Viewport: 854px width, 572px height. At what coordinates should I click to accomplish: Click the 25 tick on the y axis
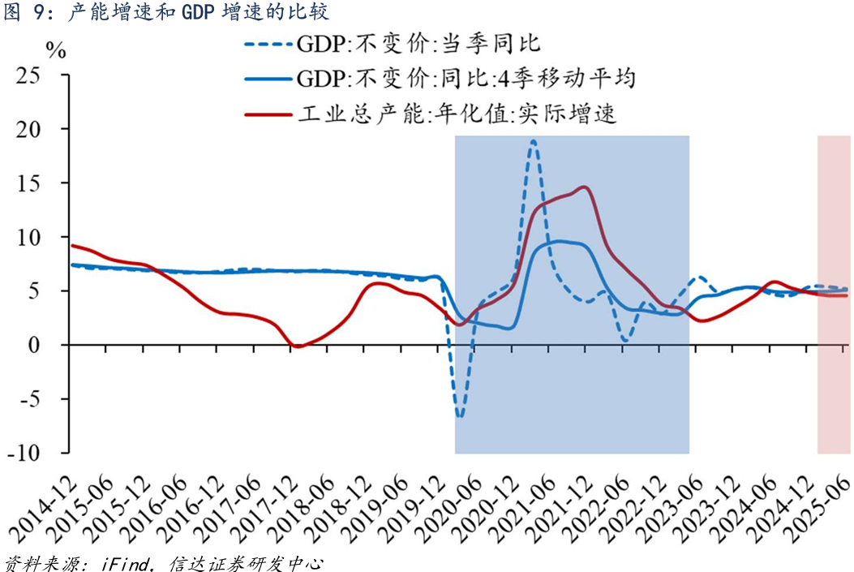click(39, 75)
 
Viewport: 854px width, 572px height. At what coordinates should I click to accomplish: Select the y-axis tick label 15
click(39, 183)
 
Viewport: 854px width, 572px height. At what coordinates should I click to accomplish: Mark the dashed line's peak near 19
click(533, 141)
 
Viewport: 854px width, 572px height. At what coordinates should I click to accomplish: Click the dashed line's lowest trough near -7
click(460, 417)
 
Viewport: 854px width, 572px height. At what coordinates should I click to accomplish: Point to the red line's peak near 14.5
click(585, 187)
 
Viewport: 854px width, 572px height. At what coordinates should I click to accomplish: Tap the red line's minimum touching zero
click(297, 346)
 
